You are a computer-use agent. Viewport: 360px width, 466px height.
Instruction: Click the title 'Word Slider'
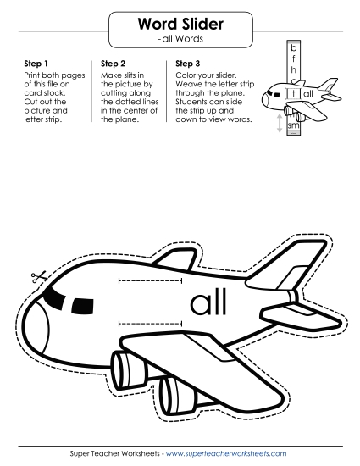[x=180, y=24]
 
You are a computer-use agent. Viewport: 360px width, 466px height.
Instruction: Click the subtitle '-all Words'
[x=180, y=39]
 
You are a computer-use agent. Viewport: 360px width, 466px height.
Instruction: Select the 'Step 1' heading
[x=36, y=64]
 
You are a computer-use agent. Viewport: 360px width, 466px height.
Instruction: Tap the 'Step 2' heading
[x=113, y=64]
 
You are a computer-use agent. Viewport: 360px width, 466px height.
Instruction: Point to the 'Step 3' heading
[x=188, y=64]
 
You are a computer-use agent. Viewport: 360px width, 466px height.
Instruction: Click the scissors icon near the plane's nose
[x=39, y=277]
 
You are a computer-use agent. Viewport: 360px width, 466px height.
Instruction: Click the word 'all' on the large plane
[x=208, y=301]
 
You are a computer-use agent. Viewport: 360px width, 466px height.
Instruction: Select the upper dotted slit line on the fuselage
[x=150, y=280]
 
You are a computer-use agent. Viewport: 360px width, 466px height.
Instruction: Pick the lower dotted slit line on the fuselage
[x=150, y=324]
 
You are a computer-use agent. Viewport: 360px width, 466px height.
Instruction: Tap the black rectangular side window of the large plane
[x=82, y=306]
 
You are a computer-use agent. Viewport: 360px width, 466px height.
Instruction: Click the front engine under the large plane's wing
[x=129, y=370]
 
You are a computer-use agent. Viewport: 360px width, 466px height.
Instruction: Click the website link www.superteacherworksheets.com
[x=226, y=453]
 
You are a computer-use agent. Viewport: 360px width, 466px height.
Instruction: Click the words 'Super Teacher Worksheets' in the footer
[x=114, y=453]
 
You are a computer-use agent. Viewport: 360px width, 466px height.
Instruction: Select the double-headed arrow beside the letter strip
[x=280, y=123]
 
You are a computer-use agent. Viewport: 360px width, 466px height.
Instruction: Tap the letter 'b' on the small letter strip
[x=294, y=47]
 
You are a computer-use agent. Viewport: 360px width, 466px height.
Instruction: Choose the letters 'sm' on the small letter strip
[x=293, y=125]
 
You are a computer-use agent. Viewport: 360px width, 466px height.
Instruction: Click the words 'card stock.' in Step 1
[x=45, y=92]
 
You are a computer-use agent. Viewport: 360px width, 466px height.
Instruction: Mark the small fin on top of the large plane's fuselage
[x=176, y=259]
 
